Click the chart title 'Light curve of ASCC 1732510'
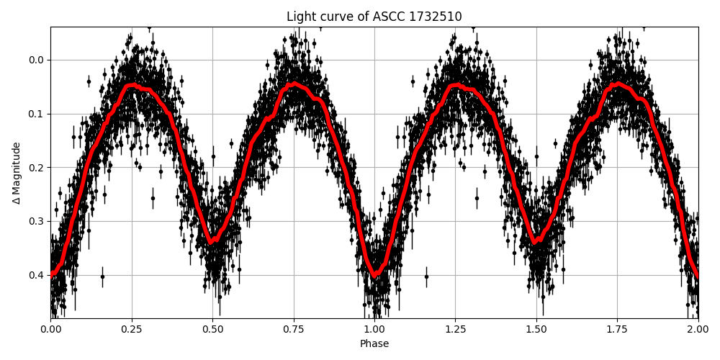[x=374, y=17]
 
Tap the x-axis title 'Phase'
[x=374, y=344]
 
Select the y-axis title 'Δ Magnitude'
[x=16, y=173]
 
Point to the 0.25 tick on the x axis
[x=131, y=330]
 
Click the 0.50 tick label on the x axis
[x=212, y=330]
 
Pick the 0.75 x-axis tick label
[x=293, y=330]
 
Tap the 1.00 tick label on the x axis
[x=374, y=330]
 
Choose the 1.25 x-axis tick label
[x=455, y=330]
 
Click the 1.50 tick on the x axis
[x=536, y=330]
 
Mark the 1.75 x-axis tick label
[x=617, y=330]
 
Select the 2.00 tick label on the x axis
[x=698, y=330]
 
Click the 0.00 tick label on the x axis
[x=50, y=330]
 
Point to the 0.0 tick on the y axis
[x=36, y=60]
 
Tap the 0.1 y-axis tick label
[x=36, y=114]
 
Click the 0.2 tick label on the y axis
[x=36, y=167]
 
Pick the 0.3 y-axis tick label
[x=36, y=221]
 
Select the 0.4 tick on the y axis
[x=36, y=275]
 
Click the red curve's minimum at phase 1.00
[x=374, y=274]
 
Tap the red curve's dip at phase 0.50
[x=212, y=242]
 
